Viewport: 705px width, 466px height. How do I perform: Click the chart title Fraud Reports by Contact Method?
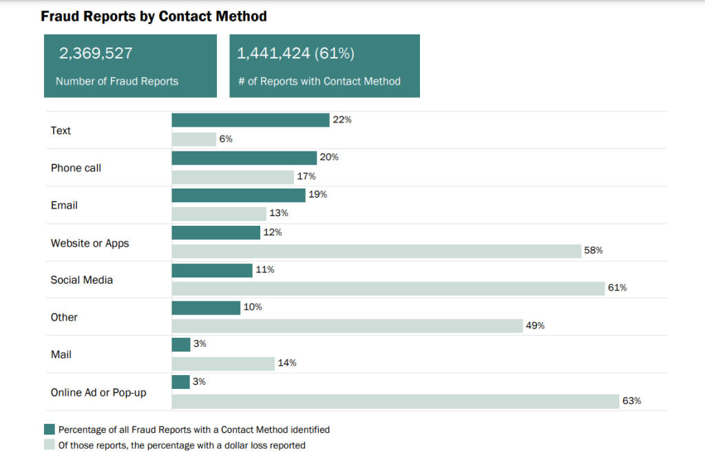pyautogui.click(x=154, y=15)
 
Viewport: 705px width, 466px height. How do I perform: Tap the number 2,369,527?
pyautogui.click(x=96, y=54)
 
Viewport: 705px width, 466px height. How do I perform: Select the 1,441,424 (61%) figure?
pyautogui.click(x=295, y=54)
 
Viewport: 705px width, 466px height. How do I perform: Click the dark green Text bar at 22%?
pyautogui.click(x=250, y=120)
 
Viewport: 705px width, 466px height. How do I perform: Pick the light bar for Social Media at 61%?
pyautogui.click(x=387, y=288)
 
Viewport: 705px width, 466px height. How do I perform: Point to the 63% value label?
pyautogui.click(x=631, y=401)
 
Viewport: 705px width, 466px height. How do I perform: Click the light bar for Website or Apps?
pyautogui.click(x=376, y=251)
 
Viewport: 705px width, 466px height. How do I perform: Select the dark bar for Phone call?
pyautogui.click(x=244, y=158)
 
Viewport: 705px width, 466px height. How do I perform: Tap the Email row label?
pyautogui.click(x=64, y=205)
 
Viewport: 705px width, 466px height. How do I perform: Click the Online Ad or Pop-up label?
pyautogui.click(x=98, y=392)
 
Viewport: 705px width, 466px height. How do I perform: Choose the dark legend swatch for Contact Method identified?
pyautogui.click(x=50, y=430)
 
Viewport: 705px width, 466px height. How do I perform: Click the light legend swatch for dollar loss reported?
pyautogui.click(x=50, y=445)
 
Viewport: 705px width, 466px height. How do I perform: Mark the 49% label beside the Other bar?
pyautogui.click(x=535, y=326)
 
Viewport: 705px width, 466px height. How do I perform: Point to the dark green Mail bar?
pyautogui.click(x=180, y=344)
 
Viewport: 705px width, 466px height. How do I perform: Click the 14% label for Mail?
pyautogui.click(x=287, y=363)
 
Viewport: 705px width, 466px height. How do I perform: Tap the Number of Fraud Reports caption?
pyautogui.click(x=117, y=81)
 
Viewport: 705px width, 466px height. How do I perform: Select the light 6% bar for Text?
pyautogui.click(x=193, y=139)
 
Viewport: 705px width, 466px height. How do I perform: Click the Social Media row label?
pyautogui.click(x=82, y=280)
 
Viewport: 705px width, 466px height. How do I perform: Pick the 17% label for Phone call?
pyautogui.click(x=306, y=176)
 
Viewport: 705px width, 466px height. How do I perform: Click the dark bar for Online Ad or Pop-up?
pyautogui.click(x=180, y=382)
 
